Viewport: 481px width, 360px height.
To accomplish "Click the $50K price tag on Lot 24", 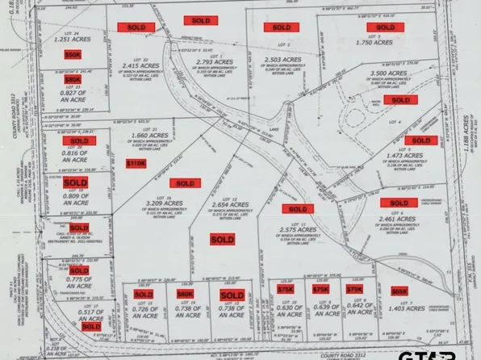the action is point(73,54).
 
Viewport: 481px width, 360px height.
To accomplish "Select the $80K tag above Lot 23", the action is point(73,80).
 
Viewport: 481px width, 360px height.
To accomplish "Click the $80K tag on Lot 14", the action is point(186,295).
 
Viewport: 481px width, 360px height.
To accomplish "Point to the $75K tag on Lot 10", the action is point(286,289).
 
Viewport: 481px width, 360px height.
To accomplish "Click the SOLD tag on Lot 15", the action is point(227,295).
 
